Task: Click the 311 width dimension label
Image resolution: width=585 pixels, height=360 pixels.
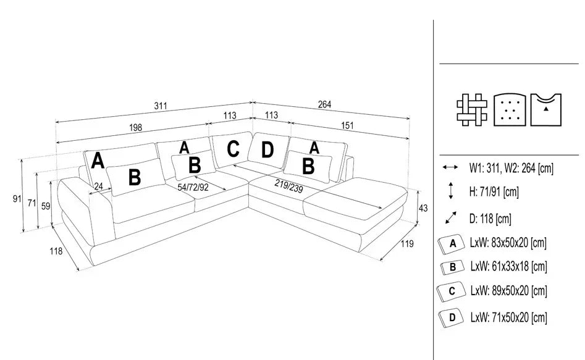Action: tap(161, 106)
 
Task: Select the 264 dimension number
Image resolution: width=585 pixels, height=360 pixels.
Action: tap(324, 104)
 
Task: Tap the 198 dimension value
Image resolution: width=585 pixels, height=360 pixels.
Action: tap(135, 128)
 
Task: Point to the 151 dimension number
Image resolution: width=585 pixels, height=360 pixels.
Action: tap(347, 125)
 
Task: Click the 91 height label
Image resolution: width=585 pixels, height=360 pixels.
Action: tap(17, 198)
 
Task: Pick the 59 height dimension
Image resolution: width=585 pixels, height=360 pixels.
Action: tap(46, 206)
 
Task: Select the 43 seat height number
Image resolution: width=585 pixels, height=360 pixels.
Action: tap(423, 208)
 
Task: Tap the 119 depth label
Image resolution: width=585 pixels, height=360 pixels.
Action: tap(407, 244)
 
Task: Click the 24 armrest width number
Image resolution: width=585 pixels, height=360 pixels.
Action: tap(98, 186)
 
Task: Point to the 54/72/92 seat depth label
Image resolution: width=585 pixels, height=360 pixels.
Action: tap(193, 187)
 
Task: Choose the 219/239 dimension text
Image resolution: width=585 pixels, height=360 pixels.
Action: tap(288, 186)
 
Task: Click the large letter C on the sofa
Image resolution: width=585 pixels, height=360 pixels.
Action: tap(233, 149)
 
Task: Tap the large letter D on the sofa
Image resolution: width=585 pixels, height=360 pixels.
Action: tap(267, 150)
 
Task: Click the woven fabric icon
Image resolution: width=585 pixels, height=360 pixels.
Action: tap(472, 110)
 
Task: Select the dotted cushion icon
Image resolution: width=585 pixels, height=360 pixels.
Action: tap(510, 110)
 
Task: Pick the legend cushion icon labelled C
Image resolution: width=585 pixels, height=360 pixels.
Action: tap(452, 291)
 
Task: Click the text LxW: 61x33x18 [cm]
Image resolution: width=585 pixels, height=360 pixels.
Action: tap(508, 266)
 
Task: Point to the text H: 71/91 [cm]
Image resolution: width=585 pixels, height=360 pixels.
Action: tap(494, 192)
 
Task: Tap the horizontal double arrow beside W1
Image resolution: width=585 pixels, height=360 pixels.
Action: tap(450, 167)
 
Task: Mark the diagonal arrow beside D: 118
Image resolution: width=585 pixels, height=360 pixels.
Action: tap(451, 218)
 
